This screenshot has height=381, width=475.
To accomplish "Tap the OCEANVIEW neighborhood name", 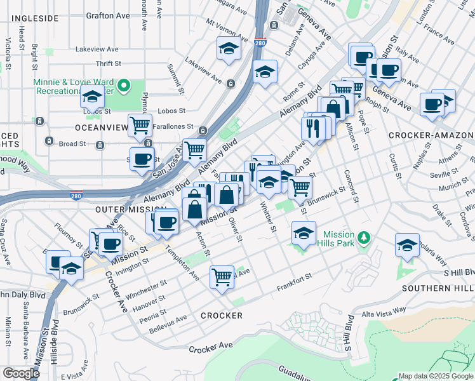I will [100, 128].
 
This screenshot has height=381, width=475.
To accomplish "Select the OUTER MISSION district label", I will [122, 209].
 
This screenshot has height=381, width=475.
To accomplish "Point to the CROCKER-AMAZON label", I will [431, 135].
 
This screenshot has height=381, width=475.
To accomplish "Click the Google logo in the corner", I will [21, 373].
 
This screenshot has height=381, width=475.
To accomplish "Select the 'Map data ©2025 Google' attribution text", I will [435, 376].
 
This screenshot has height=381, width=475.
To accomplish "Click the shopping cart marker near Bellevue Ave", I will [222, 276].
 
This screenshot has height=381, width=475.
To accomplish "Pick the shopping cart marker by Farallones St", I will [140, 125].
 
